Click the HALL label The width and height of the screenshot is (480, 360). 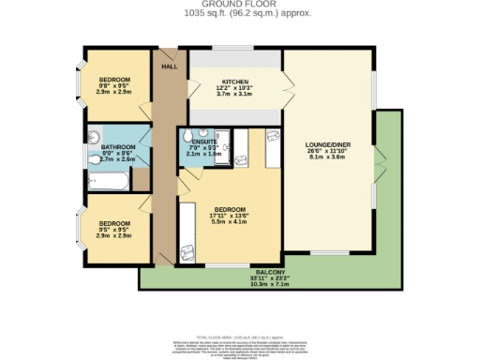point(170,67)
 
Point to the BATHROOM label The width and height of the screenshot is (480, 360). point(118,147)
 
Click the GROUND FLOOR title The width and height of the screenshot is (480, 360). point(239,5)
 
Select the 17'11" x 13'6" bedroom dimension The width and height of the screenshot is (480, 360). point(231,215)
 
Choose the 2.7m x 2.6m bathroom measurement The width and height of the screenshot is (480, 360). point(118,160)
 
